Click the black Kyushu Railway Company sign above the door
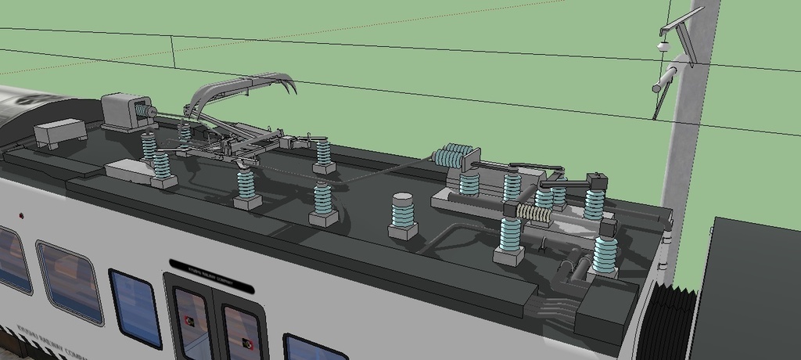[x=210, y=276]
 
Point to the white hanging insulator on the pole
[x=665, y=46]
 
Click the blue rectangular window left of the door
[x=135, y=308]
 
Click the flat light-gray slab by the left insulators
[x=130, y=170]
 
